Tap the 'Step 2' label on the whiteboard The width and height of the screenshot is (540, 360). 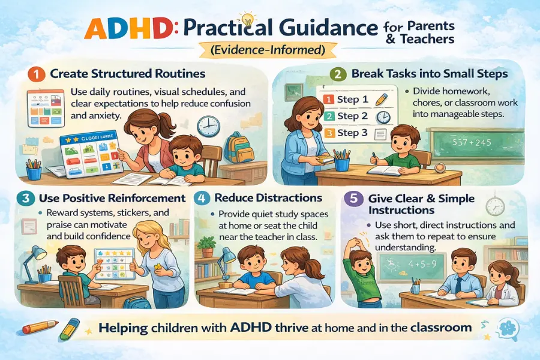(x=352, y=116)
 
